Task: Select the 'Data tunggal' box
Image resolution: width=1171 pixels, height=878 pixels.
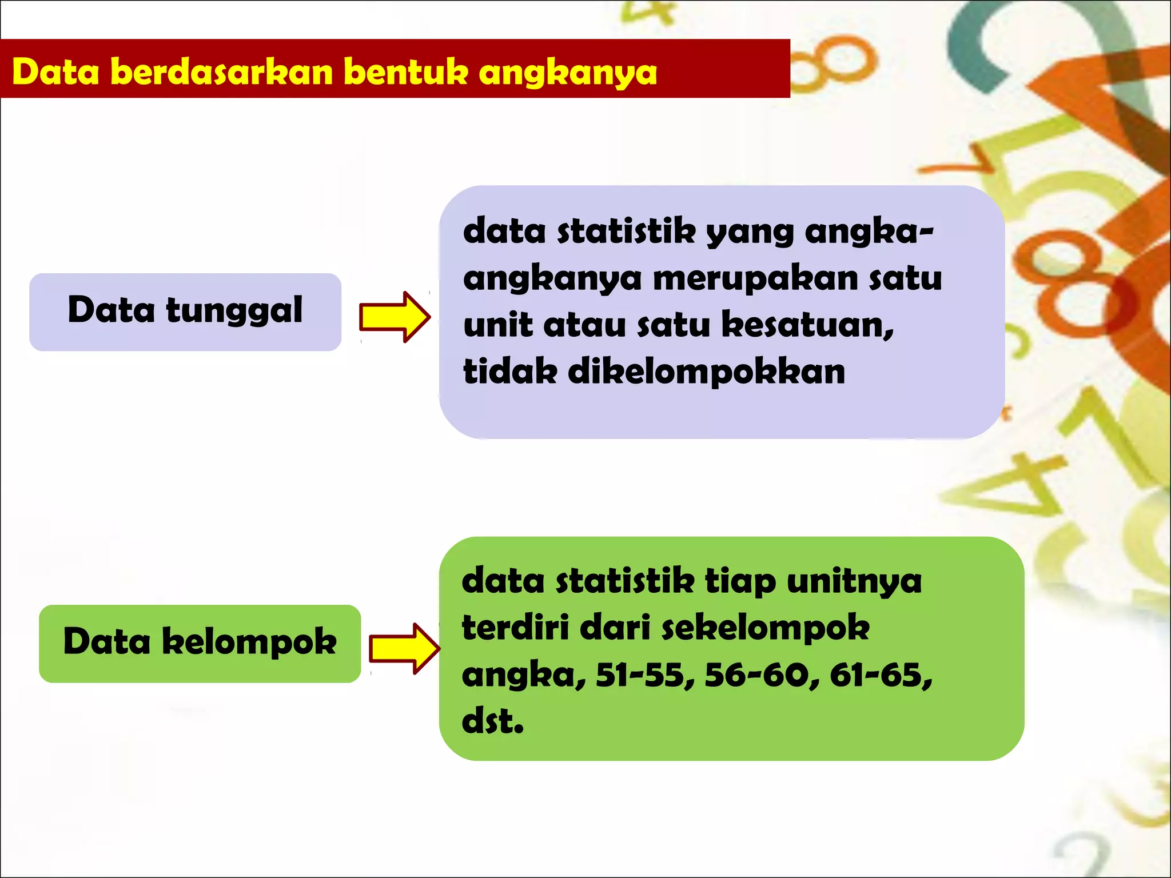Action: coord(185,312)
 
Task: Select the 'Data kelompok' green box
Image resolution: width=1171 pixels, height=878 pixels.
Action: coord(200,643)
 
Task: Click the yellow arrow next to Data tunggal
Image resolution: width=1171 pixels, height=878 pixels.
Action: coord(394,317)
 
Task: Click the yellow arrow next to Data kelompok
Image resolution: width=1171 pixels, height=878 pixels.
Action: coord(404,648)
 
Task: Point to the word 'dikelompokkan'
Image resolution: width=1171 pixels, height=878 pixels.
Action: coord(706,372)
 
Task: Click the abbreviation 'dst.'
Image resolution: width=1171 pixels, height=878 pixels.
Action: coord(492,721)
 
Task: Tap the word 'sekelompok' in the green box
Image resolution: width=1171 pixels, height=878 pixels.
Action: coord(766,629)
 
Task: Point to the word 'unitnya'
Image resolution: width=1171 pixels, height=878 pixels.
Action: coord(854,582)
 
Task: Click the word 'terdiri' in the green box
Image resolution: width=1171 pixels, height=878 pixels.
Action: coord(514,628)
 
